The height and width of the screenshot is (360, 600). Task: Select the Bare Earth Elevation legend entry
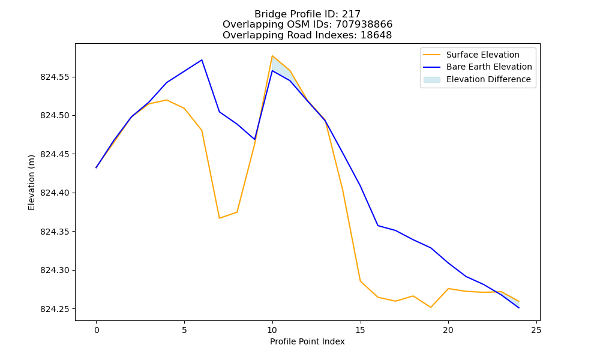pyautogui.click(x=478, y=67)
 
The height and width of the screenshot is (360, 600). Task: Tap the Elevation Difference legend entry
pyautogui.click(x=477, y=79)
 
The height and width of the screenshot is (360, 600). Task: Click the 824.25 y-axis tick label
pyautogui.click(x=55, y=309)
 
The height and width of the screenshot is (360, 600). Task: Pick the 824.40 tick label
pyautogui.click(x=55, y=193)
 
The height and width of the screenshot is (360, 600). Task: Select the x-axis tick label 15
pyautogui.click(x=361, y=330)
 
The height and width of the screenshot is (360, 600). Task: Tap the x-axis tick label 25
pyautogui.click(x=536, y=330)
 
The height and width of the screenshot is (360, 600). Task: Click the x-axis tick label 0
pyautogui.click(x=97, y=330)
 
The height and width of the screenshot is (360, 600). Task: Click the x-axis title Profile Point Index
pyautogui.click(x=307, y=341)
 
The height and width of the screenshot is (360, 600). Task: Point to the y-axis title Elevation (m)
pyautogui.click(x=31, y=182)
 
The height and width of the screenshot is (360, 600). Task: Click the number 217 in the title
pyautogui.click(x=351, y=14)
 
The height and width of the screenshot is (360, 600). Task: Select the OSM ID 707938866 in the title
pyautogui.click(x=364, y=25)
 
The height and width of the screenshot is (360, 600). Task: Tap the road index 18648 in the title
pyautogui.click(x=376, y=35)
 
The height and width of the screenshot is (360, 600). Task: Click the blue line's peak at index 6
pyautogui.click(x=202, y=60)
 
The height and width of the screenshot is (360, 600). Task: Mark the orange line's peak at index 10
pyautogui.click(x=272, y=56)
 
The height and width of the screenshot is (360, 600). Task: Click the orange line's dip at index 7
pyautogui.click(x=219, y=218)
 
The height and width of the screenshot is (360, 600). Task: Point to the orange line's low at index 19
pyautogui.click(x=430, y=307)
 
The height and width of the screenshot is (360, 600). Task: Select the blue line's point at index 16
pyautogui.click(x=378, y=226)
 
